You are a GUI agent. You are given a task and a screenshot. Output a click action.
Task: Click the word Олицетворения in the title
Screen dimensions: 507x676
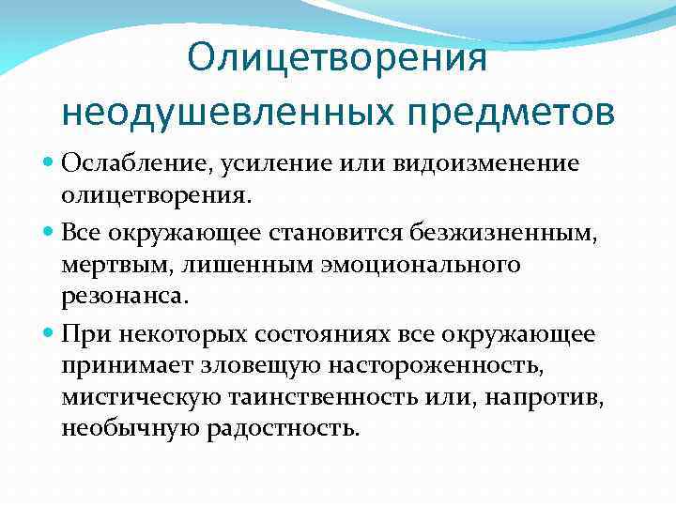coord(337,59)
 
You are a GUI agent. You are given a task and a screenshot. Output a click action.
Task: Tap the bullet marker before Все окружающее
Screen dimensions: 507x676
coord(49,230)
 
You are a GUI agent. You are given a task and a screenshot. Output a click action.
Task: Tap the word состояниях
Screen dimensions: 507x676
coord(349,335)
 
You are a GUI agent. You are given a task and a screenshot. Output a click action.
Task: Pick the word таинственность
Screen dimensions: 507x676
coord(321,397)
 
